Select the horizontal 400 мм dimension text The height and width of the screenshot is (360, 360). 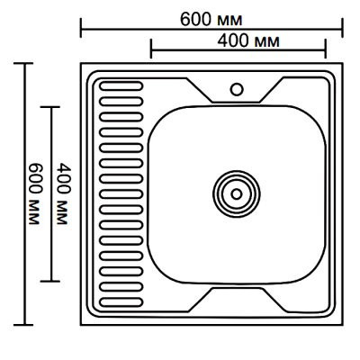coord(247,41)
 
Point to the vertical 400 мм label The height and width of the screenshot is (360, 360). coord(62,193)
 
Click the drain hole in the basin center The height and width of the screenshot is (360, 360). coord(237,192)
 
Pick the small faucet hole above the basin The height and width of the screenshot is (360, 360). coord(238,89)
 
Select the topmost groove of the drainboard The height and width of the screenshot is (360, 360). coord(121,87)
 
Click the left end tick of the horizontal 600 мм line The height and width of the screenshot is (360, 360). coord(82,31)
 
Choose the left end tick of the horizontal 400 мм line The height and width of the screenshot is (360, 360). coord(149,52)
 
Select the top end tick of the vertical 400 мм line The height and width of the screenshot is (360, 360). coord(51,107)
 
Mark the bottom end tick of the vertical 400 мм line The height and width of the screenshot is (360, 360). coord(51,280)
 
